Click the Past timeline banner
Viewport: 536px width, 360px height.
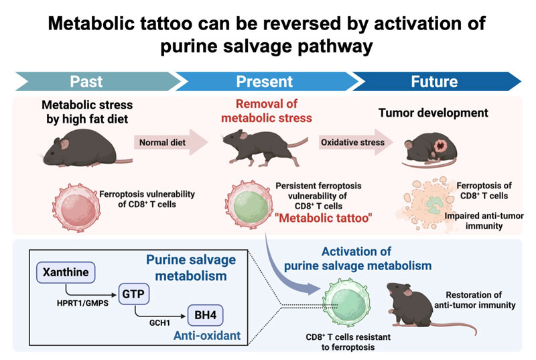coord(87,82)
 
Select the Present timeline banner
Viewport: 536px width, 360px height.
coord(264,82)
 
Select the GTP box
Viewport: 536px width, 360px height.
coord(134,294)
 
